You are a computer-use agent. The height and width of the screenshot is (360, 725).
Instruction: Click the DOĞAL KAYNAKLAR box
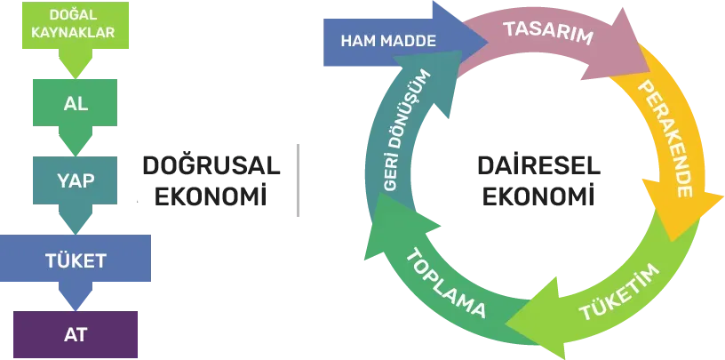pos(76,25)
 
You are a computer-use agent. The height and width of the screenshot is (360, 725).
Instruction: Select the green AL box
pos(75,103)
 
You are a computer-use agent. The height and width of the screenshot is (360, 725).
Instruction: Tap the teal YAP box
pos(75,180)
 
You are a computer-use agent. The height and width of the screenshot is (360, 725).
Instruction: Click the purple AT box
pos(76,334)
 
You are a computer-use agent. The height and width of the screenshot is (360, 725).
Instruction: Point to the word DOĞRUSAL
pos(211,165)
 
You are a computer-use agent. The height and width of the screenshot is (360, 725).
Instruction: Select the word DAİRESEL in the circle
pos(538,165)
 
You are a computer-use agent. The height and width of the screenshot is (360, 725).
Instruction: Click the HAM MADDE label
pos(388,41)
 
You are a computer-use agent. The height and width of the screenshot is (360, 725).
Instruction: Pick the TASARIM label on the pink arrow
pos(548,32)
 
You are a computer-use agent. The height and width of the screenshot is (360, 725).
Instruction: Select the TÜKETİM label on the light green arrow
pos(619,292)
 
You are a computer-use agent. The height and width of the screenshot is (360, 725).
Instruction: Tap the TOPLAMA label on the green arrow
pos(447,283)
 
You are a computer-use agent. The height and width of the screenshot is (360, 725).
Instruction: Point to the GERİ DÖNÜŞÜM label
pos(407,131)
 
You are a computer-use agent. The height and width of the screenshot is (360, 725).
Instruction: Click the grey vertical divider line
pos(298,180)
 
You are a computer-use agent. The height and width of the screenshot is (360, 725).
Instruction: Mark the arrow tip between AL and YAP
pos(76,155)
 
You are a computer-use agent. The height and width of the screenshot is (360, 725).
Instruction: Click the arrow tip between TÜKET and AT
pos(76,309)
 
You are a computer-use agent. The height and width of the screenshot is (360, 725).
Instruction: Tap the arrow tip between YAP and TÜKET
pos(76,233)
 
